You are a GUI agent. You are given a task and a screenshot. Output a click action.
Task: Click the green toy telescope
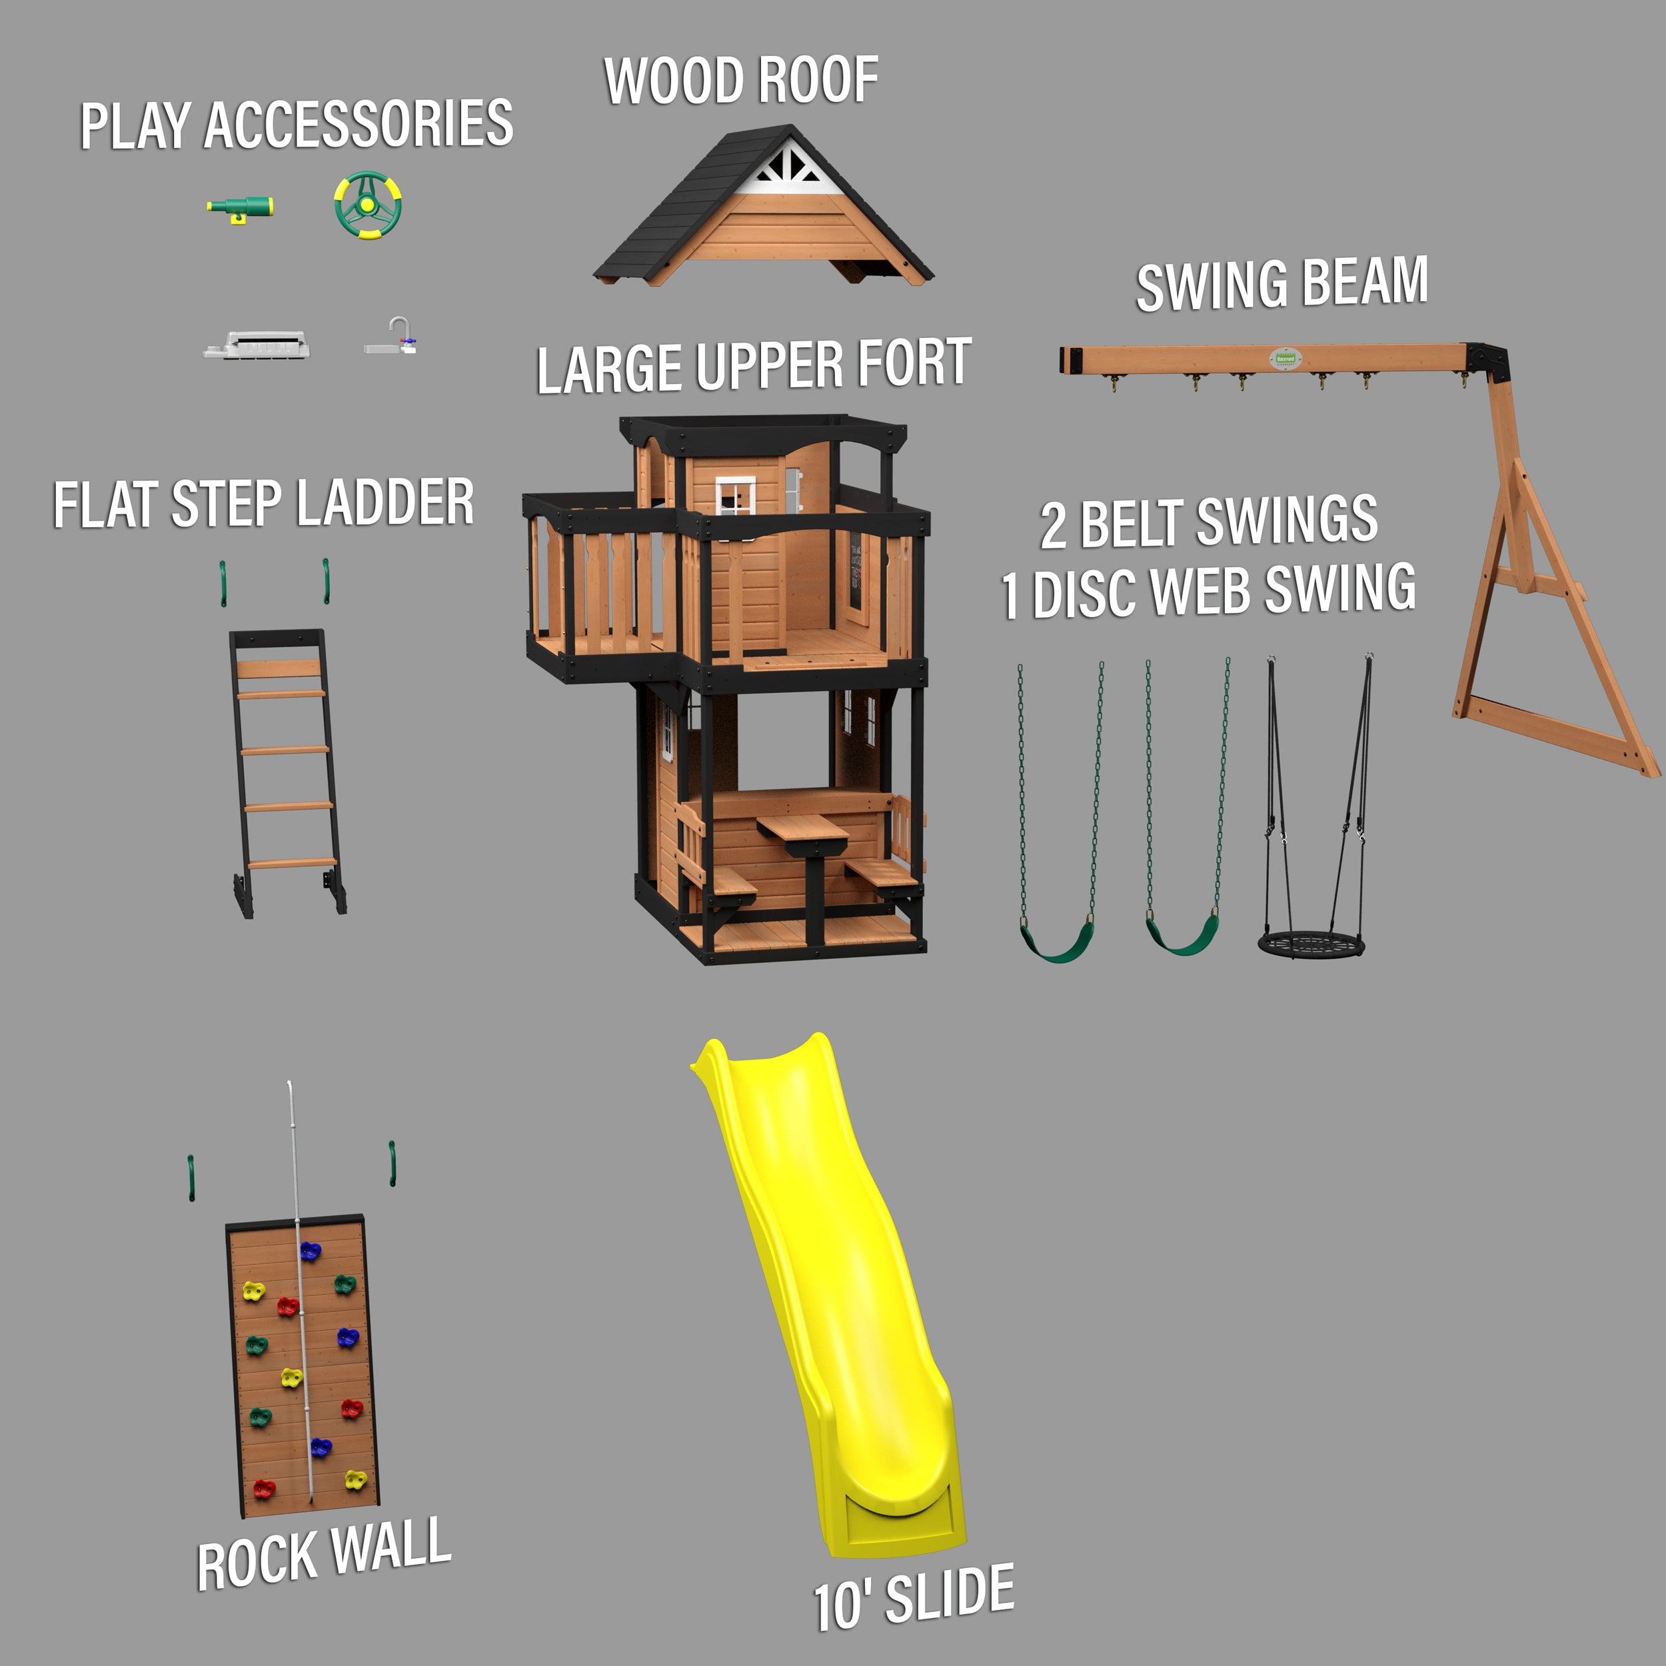point(240,208)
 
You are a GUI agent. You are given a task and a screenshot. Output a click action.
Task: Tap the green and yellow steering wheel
point(369,205)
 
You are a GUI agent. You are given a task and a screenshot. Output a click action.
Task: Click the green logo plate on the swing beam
point(1285,357)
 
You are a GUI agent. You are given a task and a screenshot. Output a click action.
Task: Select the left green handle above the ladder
point(223,582)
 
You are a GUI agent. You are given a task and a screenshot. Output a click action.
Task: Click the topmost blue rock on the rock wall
point(310,1250)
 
